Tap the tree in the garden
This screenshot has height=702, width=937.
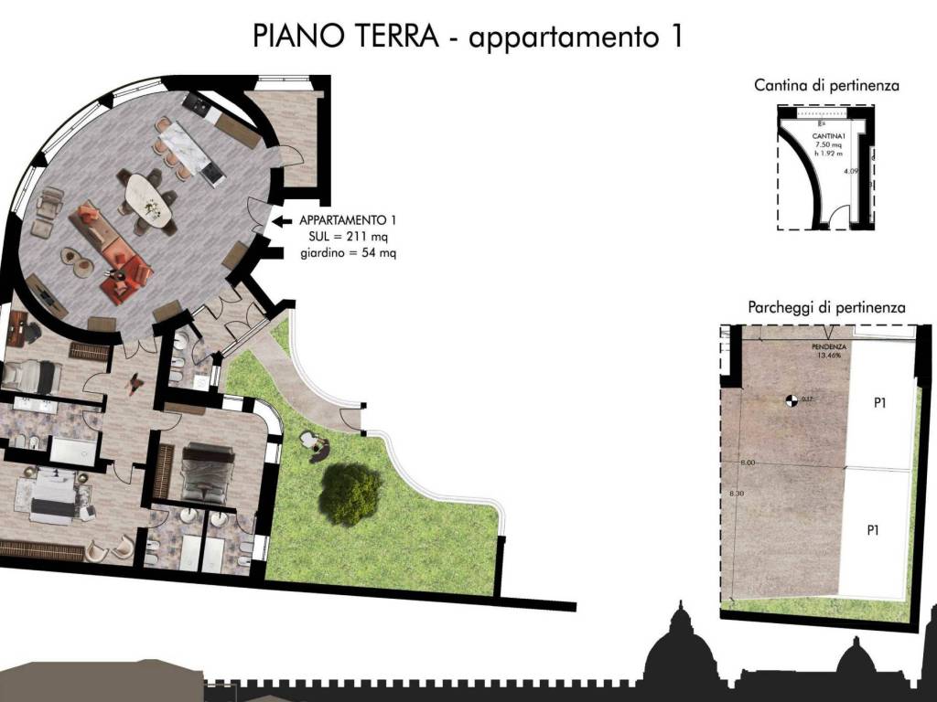[350, 494]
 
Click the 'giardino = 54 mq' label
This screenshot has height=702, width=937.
[348, 252]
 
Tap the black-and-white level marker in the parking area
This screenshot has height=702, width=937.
[790, 399]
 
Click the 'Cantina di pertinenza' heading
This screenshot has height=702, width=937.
[826, 86]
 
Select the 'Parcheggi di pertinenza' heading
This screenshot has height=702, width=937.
[826, 307]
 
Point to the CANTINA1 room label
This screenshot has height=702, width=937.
[828, 136]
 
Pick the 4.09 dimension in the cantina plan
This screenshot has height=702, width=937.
[850, 170]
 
